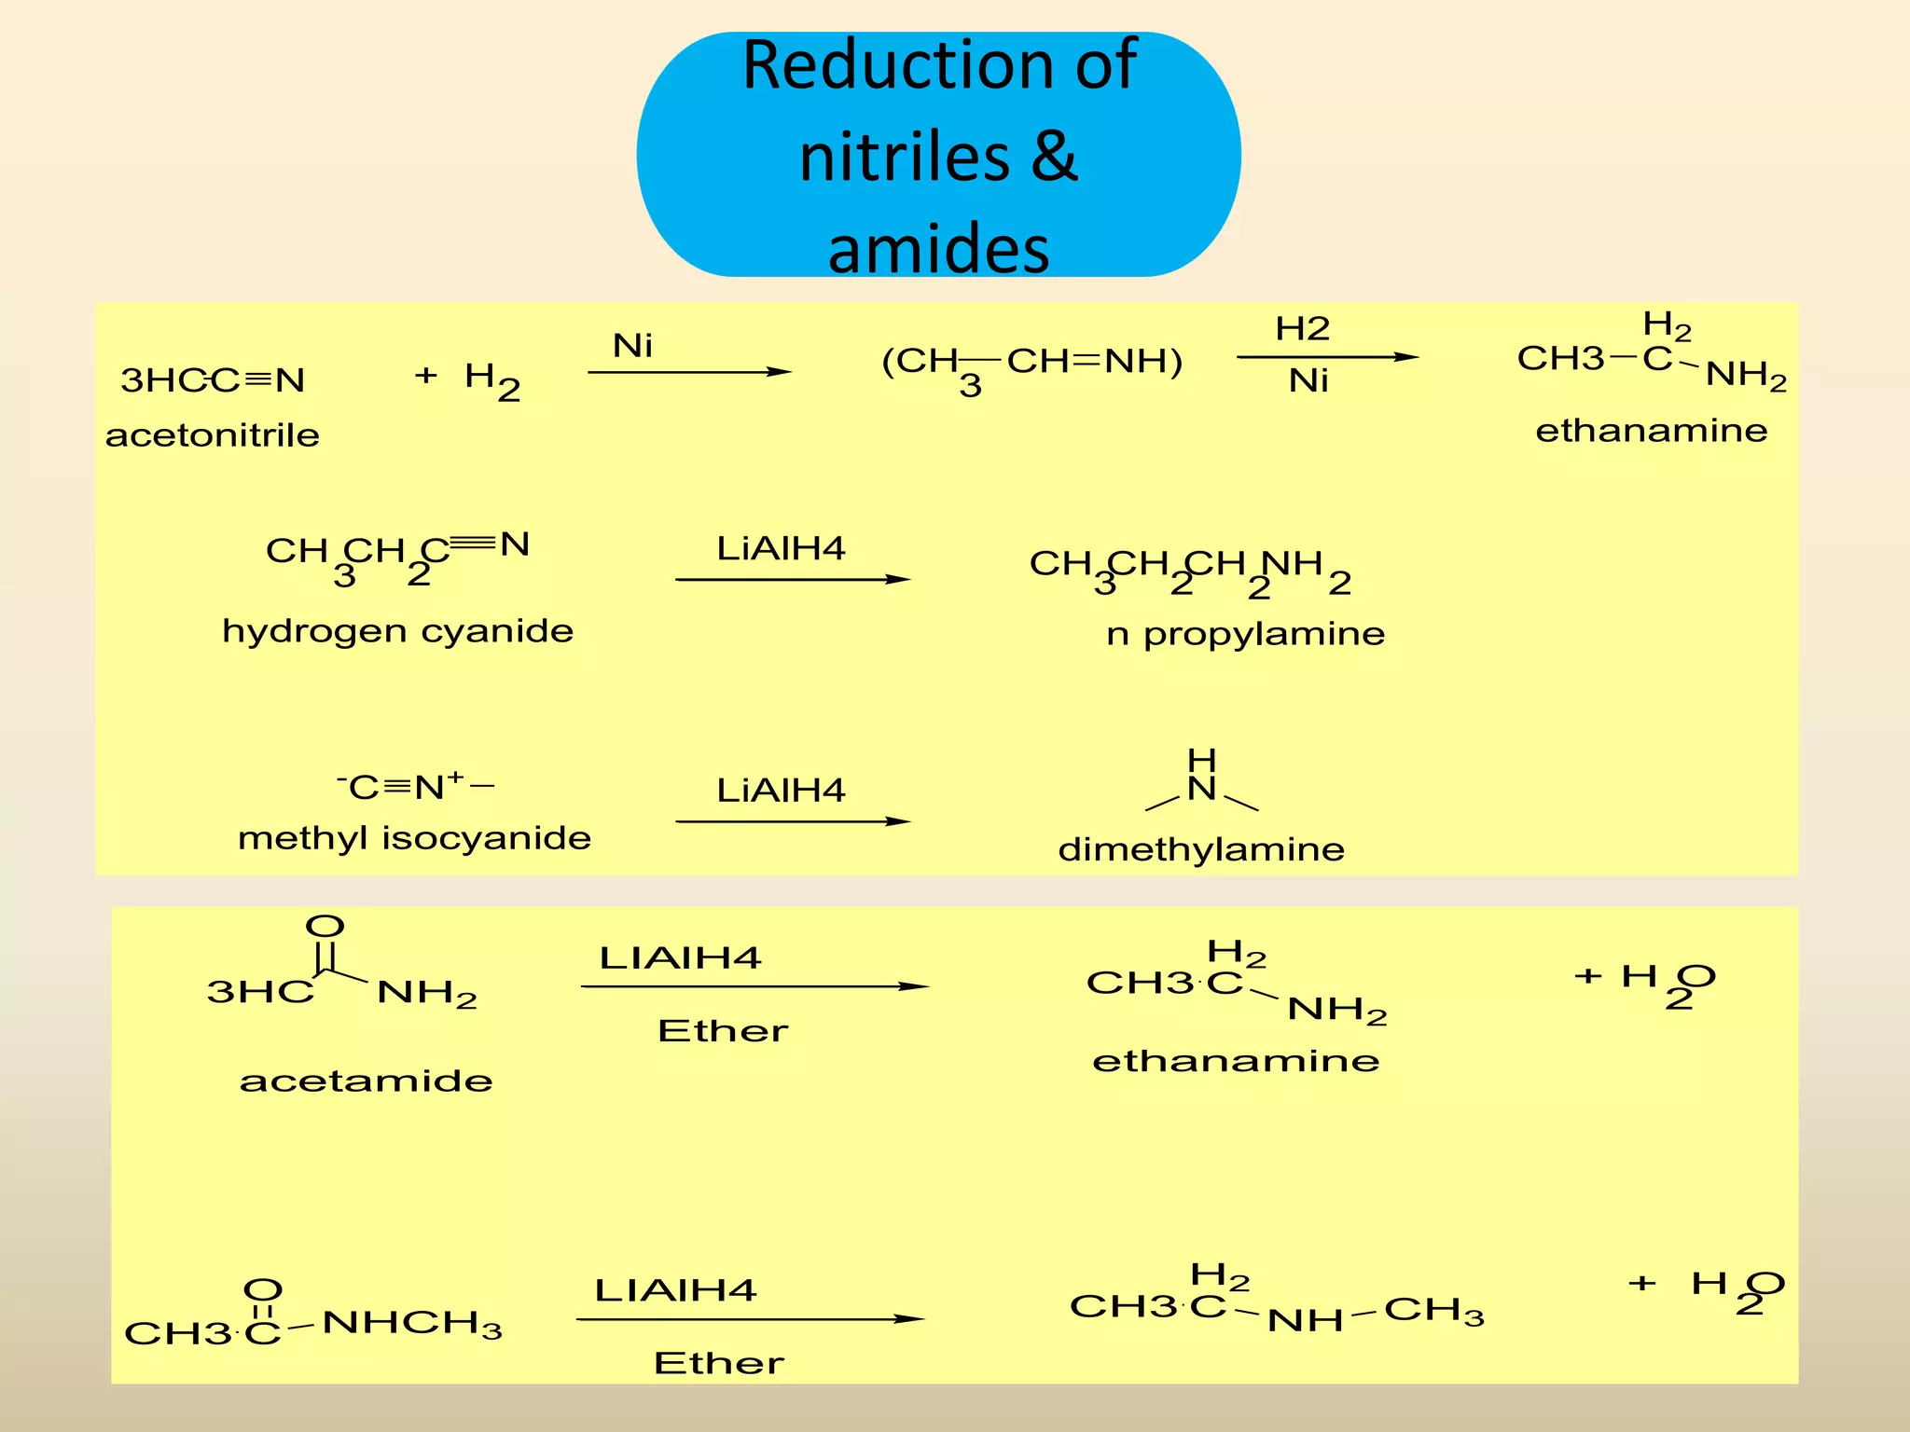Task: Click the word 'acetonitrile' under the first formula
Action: [x=213, y=435]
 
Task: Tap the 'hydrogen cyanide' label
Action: [x=397, y=631]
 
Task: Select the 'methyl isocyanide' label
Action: [x=414, y=838]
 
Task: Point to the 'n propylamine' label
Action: [x=1245, y=634]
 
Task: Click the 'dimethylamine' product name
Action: [x=1201, y=849]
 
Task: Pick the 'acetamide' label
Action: [x=366, y=1081]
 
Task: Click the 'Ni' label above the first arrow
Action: [x=632, y=346]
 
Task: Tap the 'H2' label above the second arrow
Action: [x=1302, y=328]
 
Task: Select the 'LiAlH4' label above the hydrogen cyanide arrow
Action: [x=781, y=548]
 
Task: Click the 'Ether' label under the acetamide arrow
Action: [x=723, y=1031]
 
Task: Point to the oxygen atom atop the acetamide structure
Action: [x=325, y=926]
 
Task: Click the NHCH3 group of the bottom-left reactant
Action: [x=411, y=1323]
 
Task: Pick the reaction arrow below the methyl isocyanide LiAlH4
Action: [x=793, y=821]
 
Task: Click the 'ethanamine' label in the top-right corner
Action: [x=1651, y=431]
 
